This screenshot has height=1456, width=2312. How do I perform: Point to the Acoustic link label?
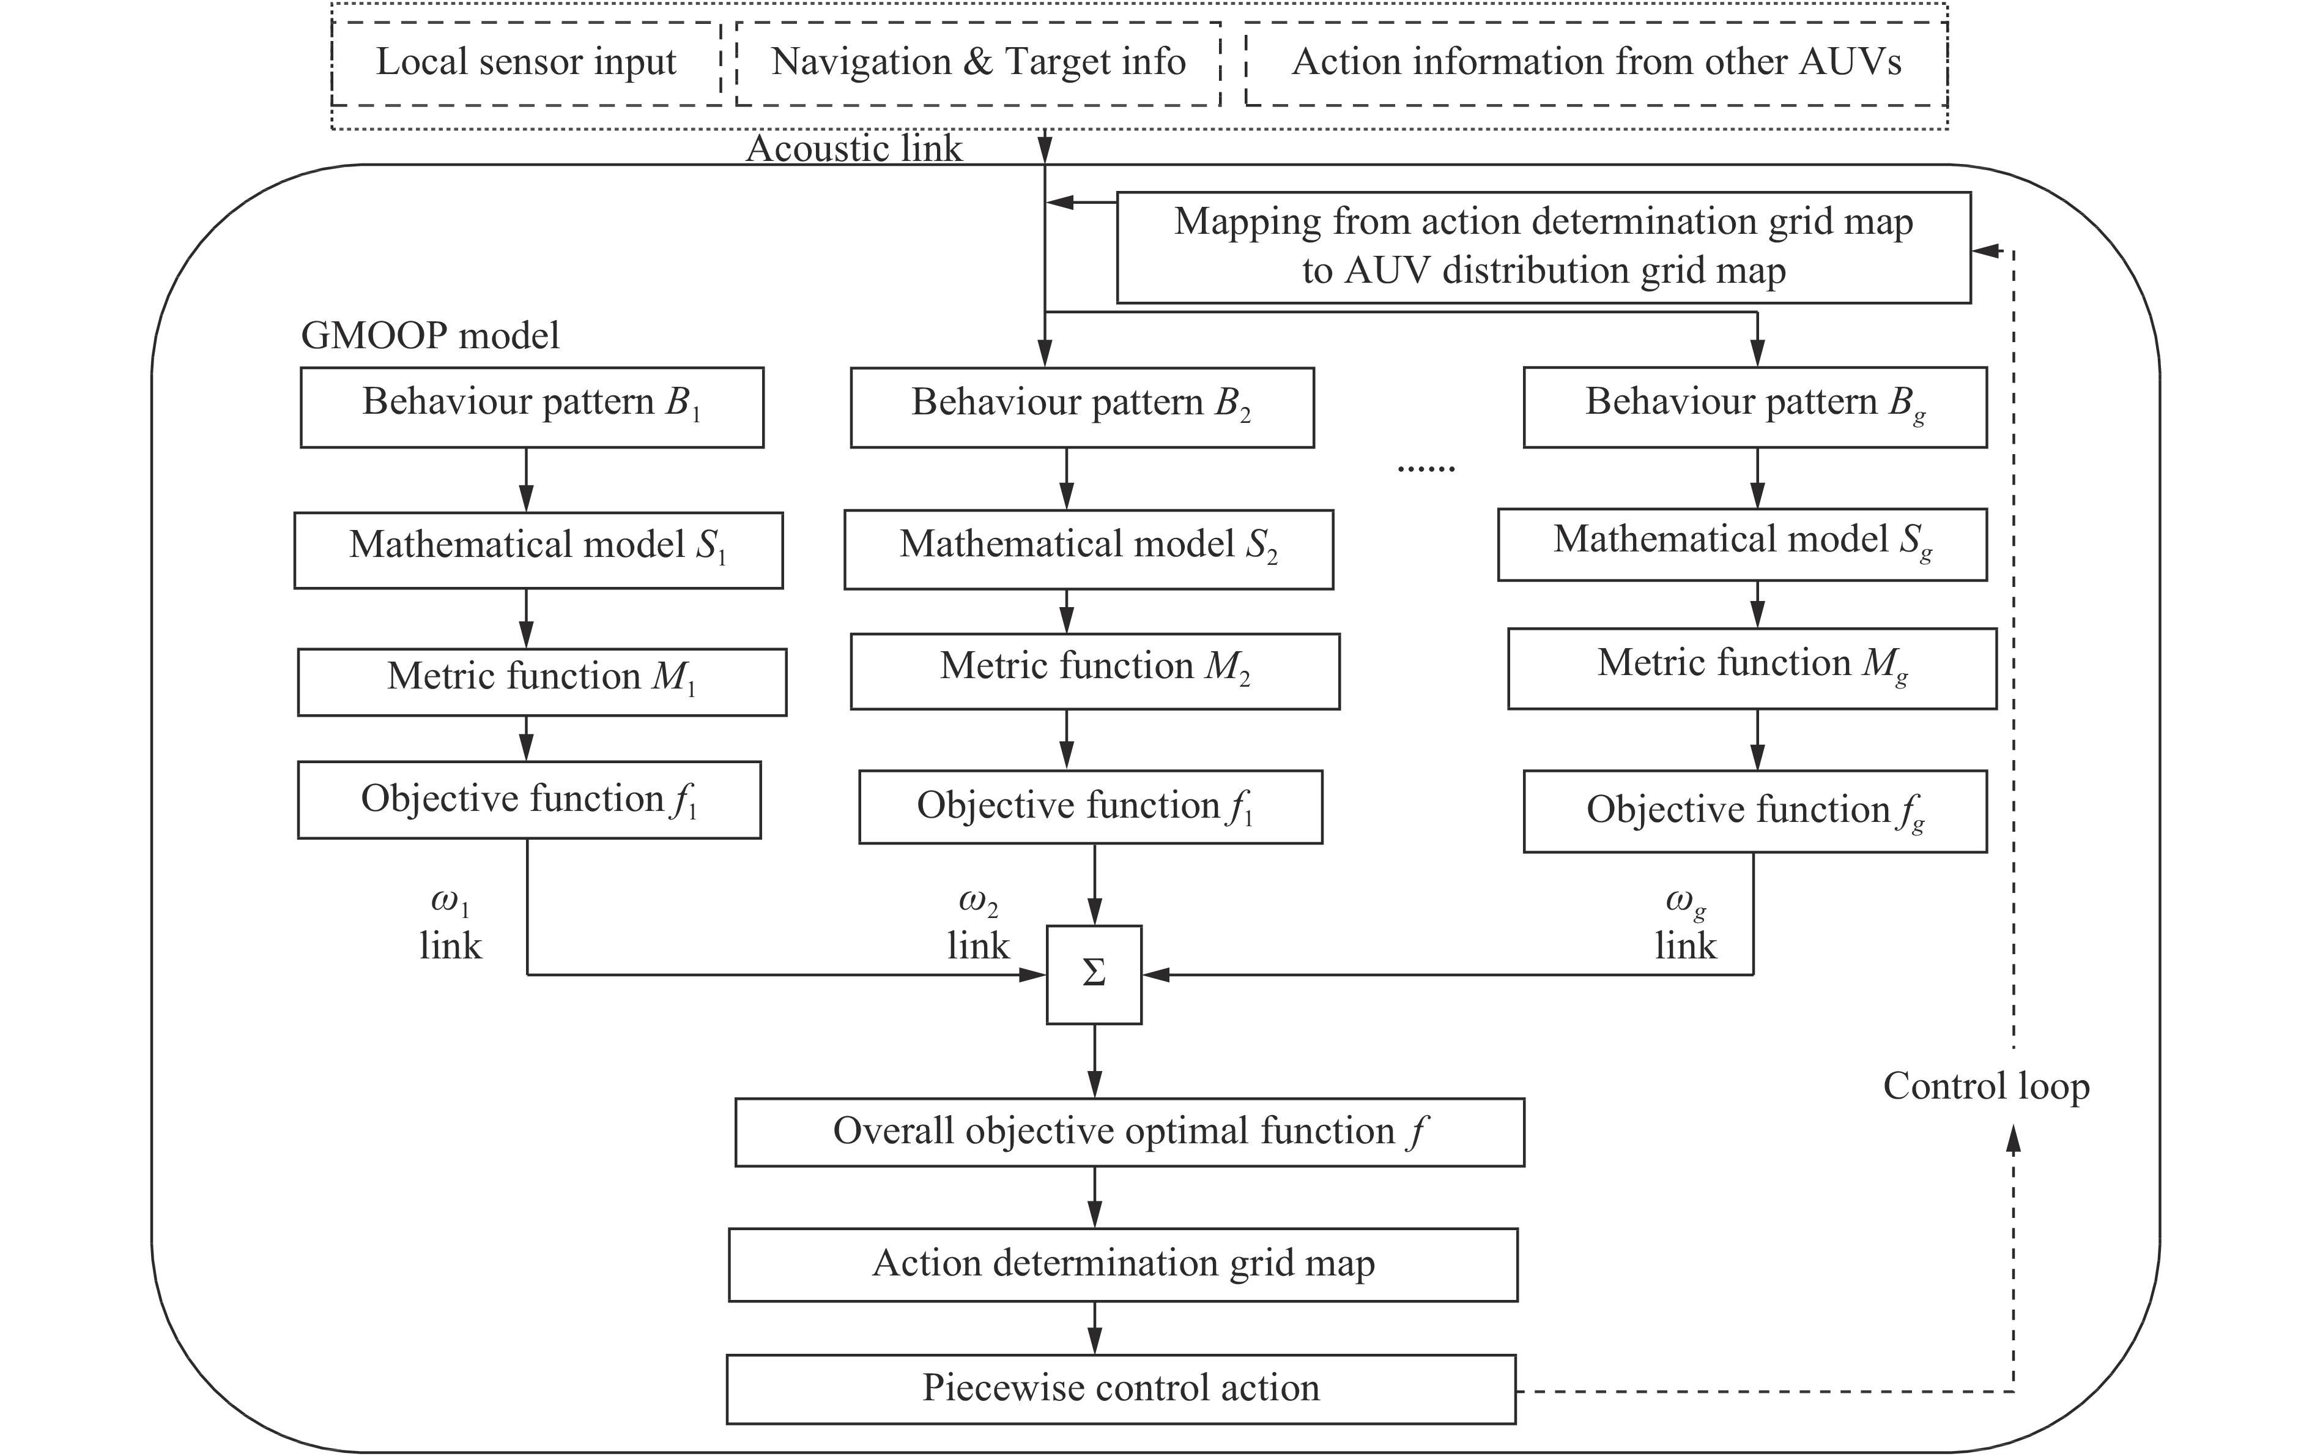click(854, 149)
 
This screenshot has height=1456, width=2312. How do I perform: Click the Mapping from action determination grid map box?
click(1543, 247)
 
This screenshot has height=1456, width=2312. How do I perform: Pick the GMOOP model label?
click(429, 335)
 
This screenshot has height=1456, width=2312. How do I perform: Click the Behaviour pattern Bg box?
click(1754, 406)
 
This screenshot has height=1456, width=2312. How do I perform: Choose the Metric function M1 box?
click(541, 681)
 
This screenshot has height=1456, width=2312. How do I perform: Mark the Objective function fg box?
click(1754, 810)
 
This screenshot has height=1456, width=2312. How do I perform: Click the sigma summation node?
click(1094, 974)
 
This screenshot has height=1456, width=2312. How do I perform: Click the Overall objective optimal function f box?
click(1129, 1132)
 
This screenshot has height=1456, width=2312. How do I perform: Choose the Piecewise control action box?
click(1121, 1389)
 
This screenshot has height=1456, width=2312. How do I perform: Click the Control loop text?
click(1985, 1086)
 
